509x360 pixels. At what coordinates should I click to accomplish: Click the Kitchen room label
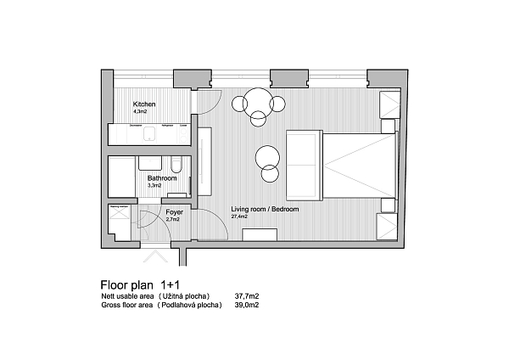[144, 104]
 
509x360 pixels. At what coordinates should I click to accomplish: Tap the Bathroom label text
[162, 178]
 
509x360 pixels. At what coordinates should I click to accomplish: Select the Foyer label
[175, 211]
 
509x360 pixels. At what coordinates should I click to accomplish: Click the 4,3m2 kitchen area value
[140, 111]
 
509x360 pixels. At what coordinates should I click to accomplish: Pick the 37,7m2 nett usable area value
[246, 296]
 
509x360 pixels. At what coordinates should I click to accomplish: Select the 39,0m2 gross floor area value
[246, 304]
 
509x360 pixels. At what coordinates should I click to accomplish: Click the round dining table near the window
[257, 104]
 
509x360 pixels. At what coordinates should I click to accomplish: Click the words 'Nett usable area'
[127, 296]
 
